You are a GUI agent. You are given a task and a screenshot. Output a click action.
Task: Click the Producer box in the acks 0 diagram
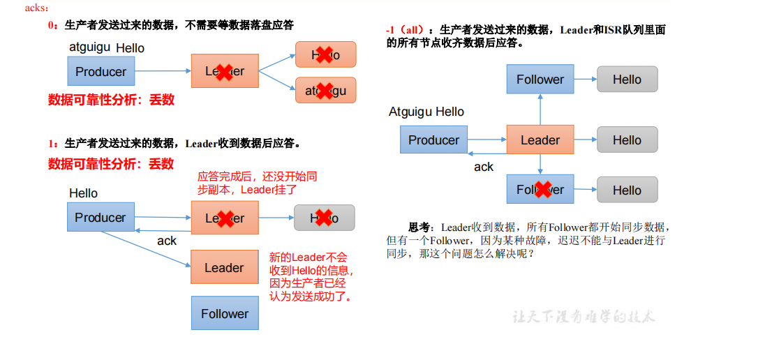tap(101, 71)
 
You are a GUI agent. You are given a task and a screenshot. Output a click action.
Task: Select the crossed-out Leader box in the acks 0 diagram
tap(225, 71)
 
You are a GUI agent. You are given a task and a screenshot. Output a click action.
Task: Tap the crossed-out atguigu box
tap(325, 91)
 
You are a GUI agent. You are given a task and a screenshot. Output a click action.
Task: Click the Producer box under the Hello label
tap(101, 217)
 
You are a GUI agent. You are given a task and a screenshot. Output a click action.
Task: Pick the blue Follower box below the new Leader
tap(225, 313)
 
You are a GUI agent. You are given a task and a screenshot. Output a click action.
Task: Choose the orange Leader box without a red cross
tap(225, 267)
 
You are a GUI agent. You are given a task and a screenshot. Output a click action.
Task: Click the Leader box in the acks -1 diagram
tap(540, 140)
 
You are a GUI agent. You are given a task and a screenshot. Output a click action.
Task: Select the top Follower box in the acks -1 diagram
tap(540, 80)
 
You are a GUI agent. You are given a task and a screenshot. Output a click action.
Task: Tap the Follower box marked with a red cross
tap(540, 190)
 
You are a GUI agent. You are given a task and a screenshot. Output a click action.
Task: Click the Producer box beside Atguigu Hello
tap(433, 140)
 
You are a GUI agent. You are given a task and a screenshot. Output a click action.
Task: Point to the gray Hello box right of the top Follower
tap(627, 80)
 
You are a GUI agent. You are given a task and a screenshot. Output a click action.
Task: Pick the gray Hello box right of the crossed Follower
tap(627, 190)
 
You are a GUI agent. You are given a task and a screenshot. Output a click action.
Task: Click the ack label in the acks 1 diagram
tap(167, 241)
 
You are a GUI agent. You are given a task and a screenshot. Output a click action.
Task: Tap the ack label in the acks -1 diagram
tap(484, 167)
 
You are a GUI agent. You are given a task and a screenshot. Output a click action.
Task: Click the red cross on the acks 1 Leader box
tap(223, 218)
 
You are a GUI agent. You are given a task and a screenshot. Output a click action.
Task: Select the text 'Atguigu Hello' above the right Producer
tap(426, 112)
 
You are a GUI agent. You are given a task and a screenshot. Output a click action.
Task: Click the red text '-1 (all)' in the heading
tap(404, 30)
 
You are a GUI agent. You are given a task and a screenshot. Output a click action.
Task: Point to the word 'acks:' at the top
tap(37, 8)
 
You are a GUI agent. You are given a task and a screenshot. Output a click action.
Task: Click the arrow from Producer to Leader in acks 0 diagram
tap(163, 70)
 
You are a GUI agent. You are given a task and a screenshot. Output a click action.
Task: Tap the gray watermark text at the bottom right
tap(583, 316)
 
